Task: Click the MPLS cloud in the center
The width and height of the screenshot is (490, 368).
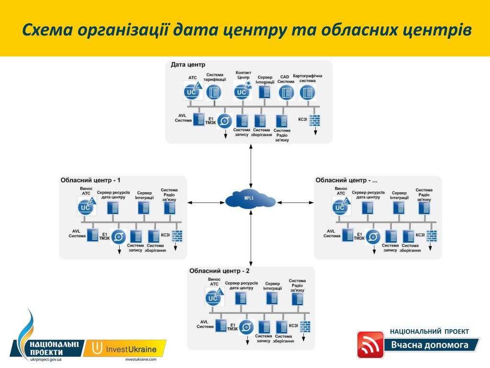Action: pyautogui.click(x=250, y=199)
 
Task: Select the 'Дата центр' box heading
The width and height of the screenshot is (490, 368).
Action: pyautogui.click(x=188, y=65)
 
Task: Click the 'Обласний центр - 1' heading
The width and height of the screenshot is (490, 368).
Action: pyautogui.click(x=90, y=181)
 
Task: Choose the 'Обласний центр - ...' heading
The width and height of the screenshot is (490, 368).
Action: pyautogui.click(x=346, y=181)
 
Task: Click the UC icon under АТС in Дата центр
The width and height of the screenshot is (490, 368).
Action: pyautogui.click(x=192, y=91)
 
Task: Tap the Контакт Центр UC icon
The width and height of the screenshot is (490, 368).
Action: pyautogui.click(x=242, y=91)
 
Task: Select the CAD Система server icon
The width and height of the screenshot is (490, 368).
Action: pyautogui.click(x=286, y=92)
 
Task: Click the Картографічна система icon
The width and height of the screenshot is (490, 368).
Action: pyautogui.click(x=307, y=92)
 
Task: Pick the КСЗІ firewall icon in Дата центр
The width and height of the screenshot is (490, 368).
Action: pyautogui.click(x=314, y=121)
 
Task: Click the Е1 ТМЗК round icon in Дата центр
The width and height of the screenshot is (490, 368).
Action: pyautogui.click(x=225, y=120)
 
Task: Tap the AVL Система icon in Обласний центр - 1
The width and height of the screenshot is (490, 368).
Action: pyautogui.click(x=92, y=235)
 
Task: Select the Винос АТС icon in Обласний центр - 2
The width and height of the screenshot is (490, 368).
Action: pyautogui.click(x=214, y=298)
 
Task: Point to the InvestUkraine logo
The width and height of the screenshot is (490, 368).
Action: pyautogui.click(x=125, y=349)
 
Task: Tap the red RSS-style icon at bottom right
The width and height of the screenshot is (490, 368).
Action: pyautogui.click(x=370, y=345)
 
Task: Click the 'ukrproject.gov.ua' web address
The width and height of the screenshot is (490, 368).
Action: pyautogui.click(x=45, y=359)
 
